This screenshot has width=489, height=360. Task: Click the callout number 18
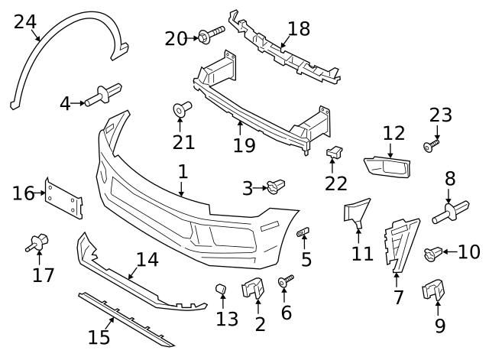point(299,29)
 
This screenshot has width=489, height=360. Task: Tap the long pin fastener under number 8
point(451,211)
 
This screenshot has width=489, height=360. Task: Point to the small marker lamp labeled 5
point(303,231)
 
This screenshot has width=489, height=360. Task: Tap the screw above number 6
point(286,283)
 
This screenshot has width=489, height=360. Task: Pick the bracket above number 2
point(253,289)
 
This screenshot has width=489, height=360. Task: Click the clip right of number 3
point(276,185)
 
